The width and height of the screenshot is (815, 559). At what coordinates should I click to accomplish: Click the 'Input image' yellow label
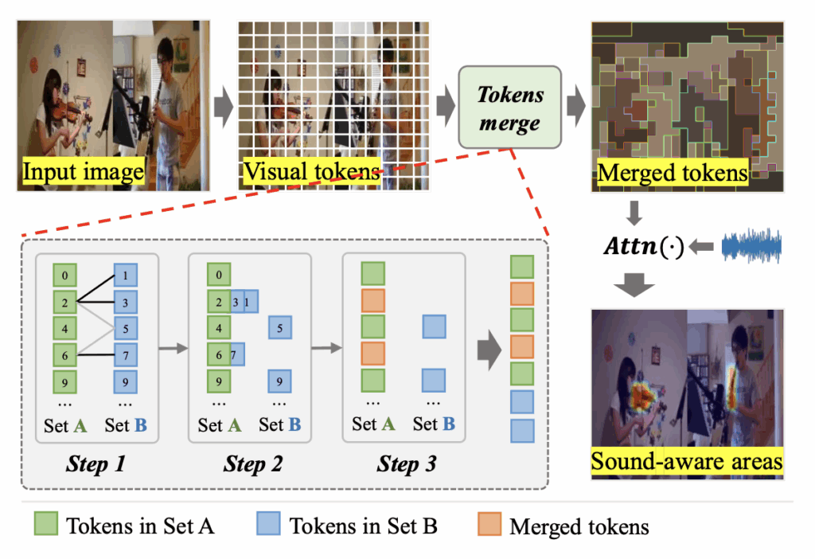pos(83,172)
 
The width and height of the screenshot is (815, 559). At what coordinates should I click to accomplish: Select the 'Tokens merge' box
pos(510,107)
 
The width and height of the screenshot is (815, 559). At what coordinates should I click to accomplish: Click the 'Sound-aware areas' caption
pos(686,462)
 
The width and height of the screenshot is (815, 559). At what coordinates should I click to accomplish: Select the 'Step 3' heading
pos(408,463)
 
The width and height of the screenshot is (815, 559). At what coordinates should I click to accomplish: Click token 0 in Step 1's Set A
pos(64,276)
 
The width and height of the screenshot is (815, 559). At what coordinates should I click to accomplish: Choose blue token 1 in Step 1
pos(126,276)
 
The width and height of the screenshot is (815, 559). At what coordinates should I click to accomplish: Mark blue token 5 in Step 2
pos(279,326)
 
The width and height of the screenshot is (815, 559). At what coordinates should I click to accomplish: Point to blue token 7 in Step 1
pos(126,353)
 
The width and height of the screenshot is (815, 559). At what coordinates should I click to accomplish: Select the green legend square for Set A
pos(46,526)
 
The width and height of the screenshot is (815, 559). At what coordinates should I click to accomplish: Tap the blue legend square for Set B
pos(269,526)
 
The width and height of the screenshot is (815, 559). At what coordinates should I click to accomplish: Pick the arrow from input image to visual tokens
pos(225,106)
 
